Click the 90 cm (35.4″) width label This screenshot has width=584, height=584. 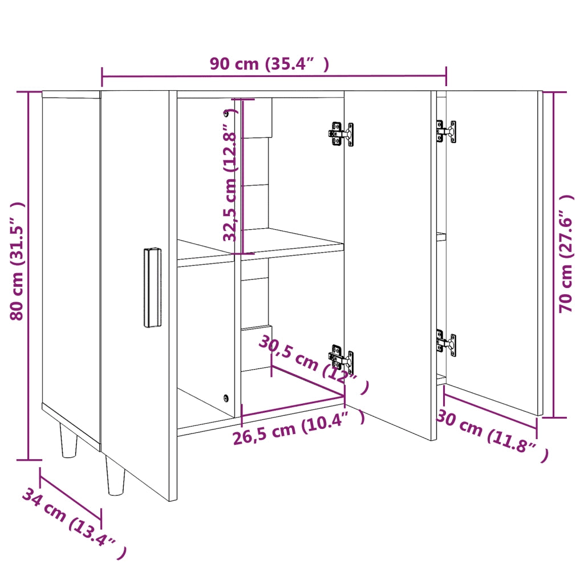(x=269, y=64)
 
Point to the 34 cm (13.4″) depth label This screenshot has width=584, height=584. (x=73, y=524)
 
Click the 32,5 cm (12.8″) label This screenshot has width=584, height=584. (x=230, y=175)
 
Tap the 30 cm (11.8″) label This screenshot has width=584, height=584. (x=492, y=435)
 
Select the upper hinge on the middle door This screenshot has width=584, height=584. (x=341, y=134)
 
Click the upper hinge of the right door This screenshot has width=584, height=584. (x=446, y=131)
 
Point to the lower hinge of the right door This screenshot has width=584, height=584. (x=446, y=344)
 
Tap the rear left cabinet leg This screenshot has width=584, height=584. (x=68, y=440)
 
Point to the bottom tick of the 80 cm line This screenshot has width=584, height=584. (x=28, y=459)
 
